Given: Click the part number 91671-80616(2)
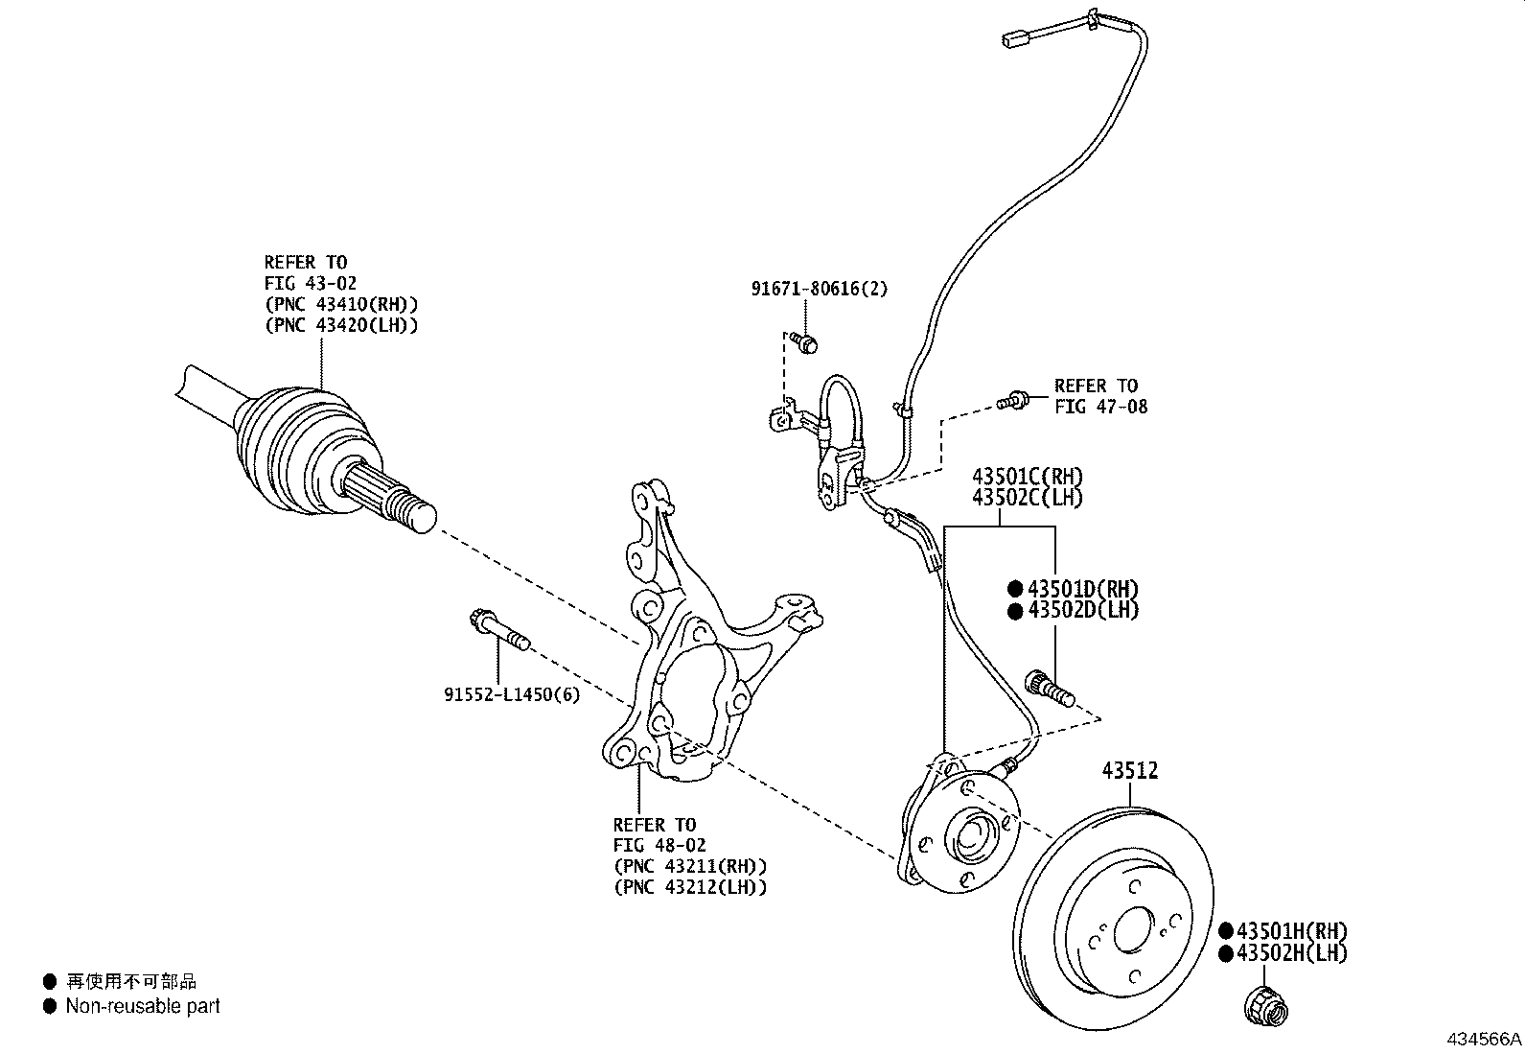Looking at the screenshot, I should tap(820, 288).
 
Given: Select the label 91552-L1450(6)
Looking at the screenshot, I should tap(511, 694).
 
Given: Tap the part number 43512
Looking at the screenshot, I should tap(1129, 770).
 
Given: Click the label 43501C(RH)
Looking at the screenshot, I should tap(1028, 477).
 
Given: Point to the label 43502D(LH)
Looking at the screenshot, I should tap(1083, 610).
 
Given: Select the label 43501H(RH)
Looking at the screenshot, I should tap(1291, 930).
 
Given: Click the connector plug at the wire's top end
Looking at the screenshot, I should tap(1015, 40).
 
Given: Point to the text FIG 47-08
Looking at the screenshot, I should tap(1100, 407).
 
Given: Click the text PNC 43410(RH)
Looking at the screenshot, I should tap(341, 304).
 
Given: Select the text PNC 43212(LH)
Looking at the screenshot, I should tap(690, 887).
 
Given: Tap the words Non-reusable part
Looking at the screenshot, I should tap(143, 1006).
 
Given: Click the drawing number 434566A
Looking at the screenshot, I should tap(1484, 1039).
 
